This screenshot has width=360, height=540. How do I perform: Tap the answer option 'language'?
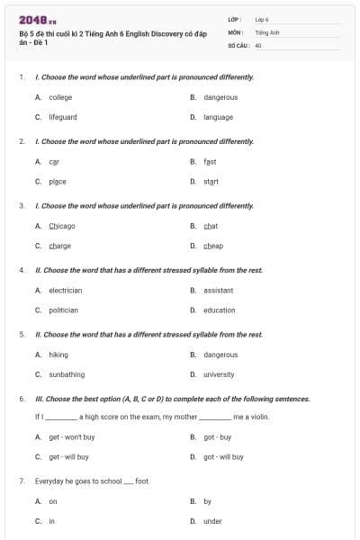pyautogui.click(x=218, y=117)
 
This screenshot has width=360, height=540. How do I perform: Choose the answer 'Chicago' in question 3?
pyautogui.click(x=62, y=226)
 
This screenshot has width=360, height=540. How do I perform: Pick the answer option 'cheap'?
pyautogui.click(x=213, y=246)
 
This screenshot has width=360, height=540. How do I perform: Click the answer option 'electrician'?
pyautogui.click(x=66, y=291)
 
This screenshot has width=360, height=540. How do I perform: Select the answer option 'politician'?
pyautogui.click(x=64, y=310)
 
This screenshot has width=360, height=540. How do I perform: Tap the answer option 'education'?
pyautogui.click(x=219, y=310)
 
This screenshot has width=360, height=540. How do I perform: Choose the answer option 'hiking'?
pyautogui.click(x=58, y=355)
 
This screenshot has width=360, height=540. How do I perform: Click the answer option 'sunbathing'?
pyautogui.click(x=67, y=374)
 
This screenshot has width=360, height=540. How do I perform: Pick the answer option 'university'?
pyautogui.click(x=219, y=374)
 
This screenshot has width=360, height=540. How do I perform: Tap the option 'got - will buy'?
pyautogui.click(x=223, y=457)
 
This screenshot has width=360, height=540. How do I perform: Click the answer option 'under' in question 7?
pyautogui.click(x=212, y=521)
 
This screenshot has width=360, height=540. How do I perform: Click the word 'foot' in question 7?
pyautogui.click(x=142, y=481)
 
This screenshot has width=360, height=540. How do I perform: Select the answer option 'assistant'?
pyautogui.click(x=219, y=291)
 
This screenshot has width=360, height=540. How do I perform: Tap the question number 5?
pyautogui.click(x=21, y=335)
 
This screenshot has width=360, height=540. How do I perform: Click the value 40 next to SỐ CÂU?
pyautogui.click(x=258, y=44)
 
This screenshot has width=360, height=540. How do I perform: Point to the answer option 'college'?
pyautogui.click(x=61, y=97)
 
